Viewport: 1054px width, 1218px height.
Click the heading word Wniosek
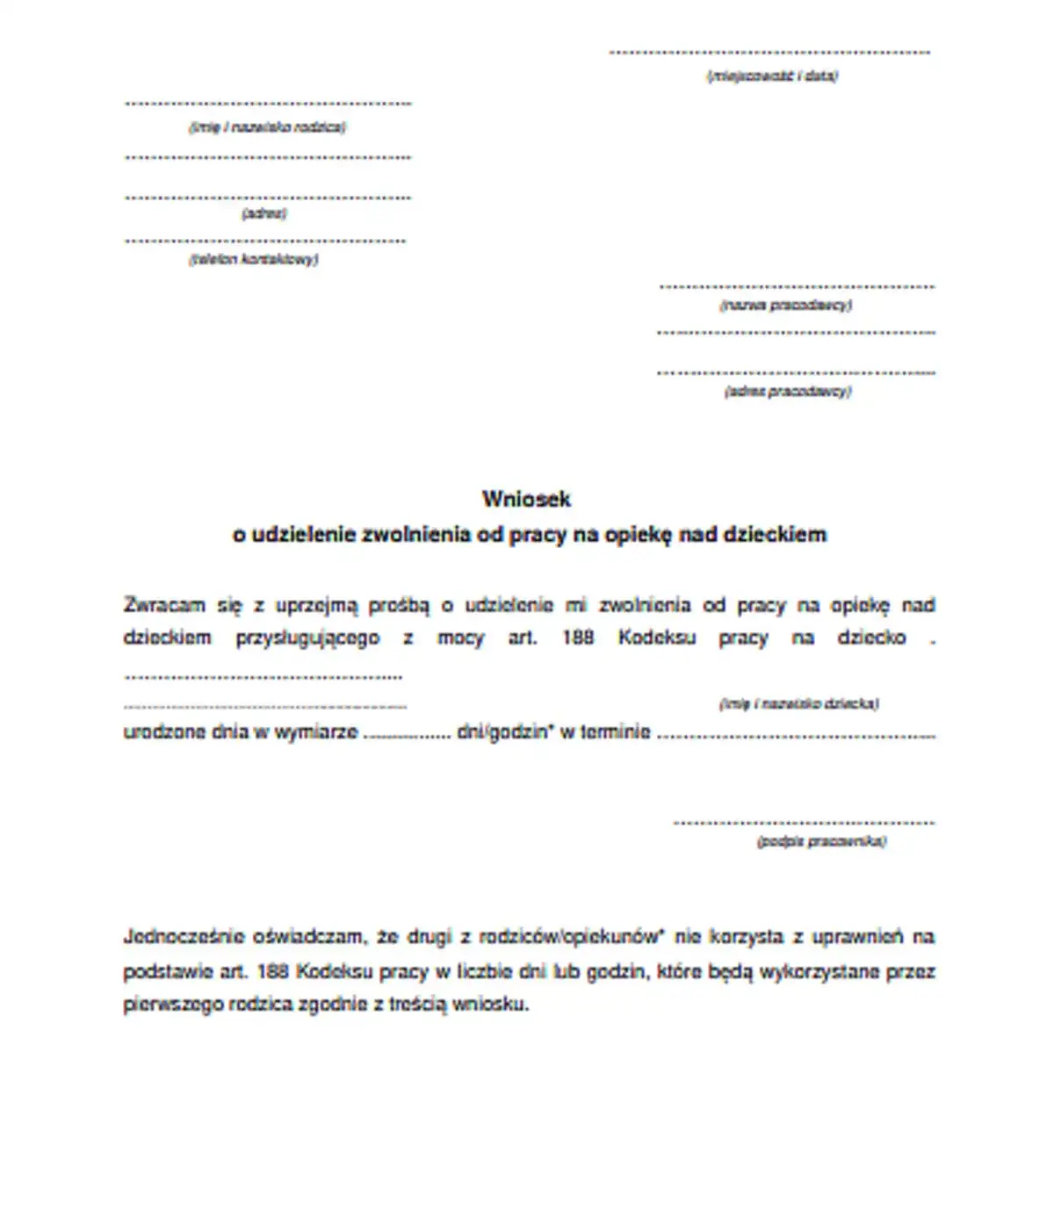click(x=526, y=499)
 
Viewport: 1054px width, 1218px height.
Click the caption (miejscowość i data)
click(x=772, y=76)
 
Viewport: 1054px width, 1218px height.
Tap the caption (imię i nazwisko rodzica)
click(x=267, y=127)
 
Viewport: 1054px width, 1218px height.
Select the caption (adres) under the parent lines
click(x=263, y=213)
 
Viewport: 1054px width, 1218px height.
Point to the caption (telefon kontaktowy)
click(x=254, y=260)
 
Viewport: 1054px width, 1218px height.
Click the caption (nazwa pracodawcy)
click(x=785, y=306)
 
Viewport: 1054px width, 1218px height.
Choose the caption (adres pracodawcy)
click(x=788, y=392)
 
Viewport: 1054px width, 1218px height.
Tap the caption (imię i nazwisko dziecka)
click(x=798, y=703)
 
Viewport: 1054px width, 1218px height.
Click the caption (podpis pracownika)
click(x=821, y=841)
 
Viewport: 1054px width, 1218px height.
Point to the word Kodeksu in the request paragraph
click(x=656, y=638)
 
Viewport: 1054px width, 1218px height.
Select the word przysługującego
click(x=307, y=638)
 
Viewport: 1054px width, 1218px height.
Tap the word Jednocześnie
click(x=183, y=936)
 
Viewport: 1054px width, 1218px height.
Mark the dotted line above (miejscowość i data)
click(x=769, y=53)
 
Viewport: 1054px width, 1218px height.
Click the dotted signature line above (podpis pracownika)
click(x=804, y=823)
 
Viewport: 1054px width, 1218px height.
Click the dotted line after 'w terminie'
click(x=796, y=736)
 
